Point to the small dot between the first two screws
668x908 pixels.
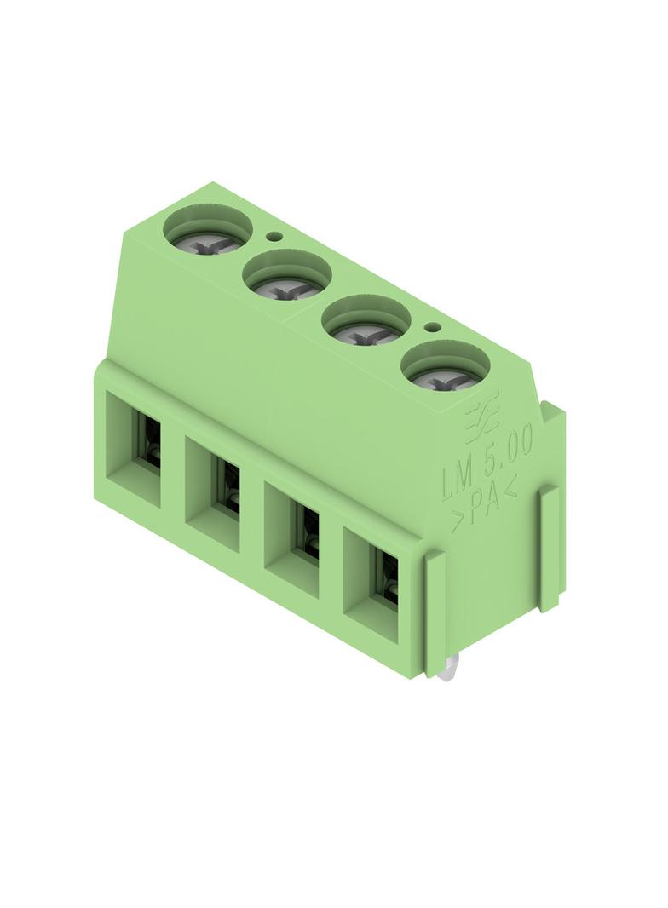[x=273, y=236]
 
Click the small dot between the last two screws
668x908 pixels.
[x=431, y=327]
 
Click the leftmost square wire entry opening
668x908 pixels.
[x=133, y=449]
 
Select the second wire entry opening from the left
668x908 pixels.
[x=213, y=494]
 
